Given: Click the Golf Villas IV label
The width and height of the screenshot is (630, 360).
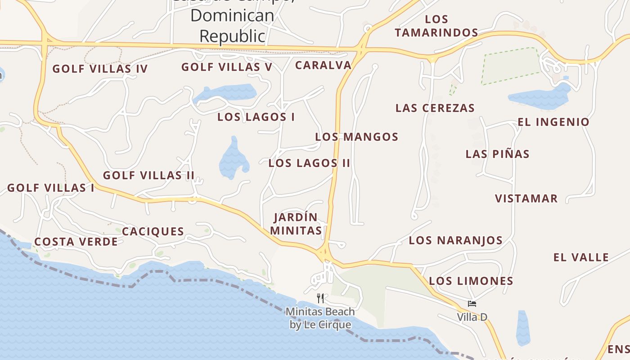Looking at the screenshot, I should (x=100, y=69).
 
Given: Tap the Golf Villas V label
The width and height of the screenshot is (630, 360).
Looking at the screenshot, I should (x=227, y=67).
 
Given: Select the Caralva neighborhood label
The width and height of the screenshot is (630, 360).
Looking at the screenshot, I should (x=323, y=65).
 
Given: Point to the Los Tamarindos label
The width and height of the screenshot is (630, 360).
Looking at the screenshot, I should (x=436, y=26).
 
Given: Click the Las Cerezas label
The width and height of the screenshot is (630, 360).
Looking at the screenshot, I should (x=435, y=108).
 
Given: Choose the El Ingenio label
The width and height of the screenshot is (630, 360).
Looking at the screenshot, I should (x=553, y=122).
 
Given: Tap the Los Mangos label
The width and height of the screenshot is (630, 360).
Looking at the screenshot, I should (x=356, y=137).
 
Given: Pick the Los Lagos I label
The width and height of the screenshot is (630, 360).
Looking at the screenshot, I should (x=256, y=117).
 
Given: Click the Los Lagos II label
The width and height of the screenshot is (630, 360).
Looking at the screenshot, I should (x=309, y=163).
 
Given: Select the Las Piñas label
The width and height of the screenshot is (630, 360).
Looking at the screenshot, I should (x=497, y=154).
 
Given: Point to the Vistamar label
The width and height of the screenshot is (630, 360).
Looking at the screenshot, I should (x=526, y=198).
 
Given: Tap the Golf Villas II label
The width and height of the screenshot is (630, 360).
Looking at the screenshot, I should (x=148, y=175).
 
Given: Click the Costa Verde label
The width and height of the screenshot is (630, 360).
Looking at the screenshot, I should (x=76, y=242).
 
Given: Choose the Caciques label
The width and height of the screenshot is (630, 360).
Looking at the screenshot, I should (x=153, y=231).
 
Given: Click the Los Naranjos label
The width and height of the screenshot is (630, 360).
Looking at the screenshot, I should (x=455, y=240).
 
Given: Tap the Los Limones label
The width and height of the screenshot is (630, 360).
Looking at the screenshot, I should (x=471, y=281).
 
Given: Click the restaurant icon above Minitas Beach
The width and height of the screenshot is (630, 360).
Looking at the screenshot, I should (x=320, y=298).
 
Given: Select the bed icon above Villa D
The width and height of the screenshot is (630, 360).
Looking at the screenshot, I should (x=472, y=304).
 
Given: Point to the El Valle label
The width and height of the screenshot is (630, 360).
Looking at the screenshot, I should (x=581, y=257).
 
